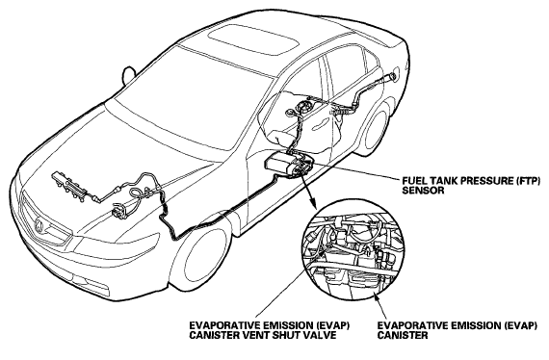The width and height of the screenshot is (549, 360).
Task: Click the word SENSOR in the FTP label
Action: tap(418, 191)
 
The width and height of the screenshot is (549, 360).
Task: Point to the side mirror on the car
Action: tap(129, 75)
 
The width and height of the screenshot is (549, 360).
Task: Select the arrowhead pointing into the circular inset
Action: tap(312, 202)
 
